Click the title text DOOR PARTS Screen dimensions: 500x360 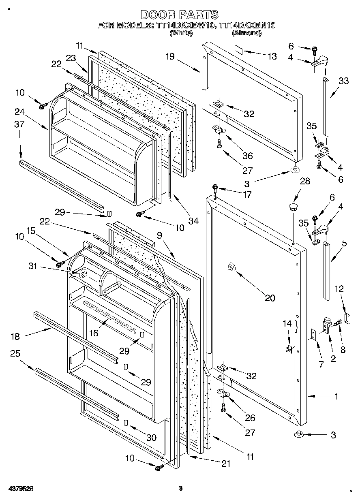coord(179,15)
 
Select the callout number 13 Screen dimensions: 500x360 coord(272,56)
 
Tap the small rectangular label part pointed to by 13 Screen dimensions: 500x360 coord(238,49)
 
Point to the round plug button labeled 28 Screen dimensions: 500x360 coord(293,207)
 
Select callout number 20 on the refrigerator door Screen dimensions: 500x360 coord(270,298)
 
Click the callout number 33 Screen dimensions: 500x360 coord(343,81)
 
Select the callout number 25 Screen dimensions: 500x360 coord(15,354)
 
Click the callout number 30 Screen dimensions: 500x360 coord(151,437)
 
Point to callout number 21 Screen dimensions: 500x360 coord(226,464)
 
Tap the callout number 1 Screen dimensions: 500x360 coord(336,397)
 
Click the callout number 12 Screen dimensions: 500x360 coord(339,288)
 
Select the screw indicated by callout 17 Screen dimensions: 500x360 coord(215,188)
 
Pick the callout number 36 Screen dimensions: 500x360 coord(247,156)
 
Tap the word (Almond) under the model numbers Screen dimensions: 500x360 coord(246,33)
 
